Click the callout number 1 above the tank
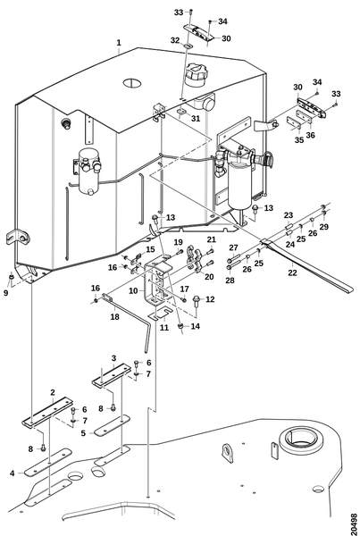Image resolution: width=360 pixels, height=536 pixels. click(119, 43)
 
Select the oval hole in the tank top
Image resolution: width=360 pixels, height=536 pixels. click(131, 82)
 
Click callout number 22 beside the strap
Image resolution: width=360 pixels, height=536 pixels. click(292, 272)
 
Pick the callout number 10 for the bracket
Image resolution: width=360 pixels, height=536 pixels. click(133, 291)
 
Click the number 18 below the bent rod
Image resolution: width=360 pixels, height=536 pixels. click(115, 317)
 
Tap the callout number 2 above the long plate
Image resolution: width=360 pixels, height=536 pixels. click(53, 392)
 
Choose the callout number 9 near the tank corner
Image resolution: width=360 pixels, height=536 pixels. click(6, 293)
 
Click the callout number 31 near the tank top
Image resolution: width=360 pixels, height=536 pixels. click(196, 119)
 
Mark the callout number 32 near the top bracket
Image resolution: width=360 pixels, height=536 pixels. click(175, 40)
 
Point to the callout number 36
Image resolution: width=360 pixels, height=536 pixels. click(311, 135)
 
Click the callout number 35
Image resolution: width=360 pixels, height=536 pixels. click(299, 140)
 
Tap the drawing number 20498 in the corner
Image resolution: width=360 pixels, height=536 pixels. click(354, 523)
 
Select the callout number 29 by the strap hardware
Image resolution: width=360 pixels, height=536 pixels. click(323, 227)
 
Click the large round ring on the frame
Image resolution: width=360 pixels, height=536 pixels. click(301, 440)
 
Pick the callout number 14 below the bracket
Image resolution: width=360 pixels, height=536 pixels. click(196, 326)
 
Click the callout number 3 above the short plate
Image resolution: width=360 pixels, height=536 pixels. click(113, 358)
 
